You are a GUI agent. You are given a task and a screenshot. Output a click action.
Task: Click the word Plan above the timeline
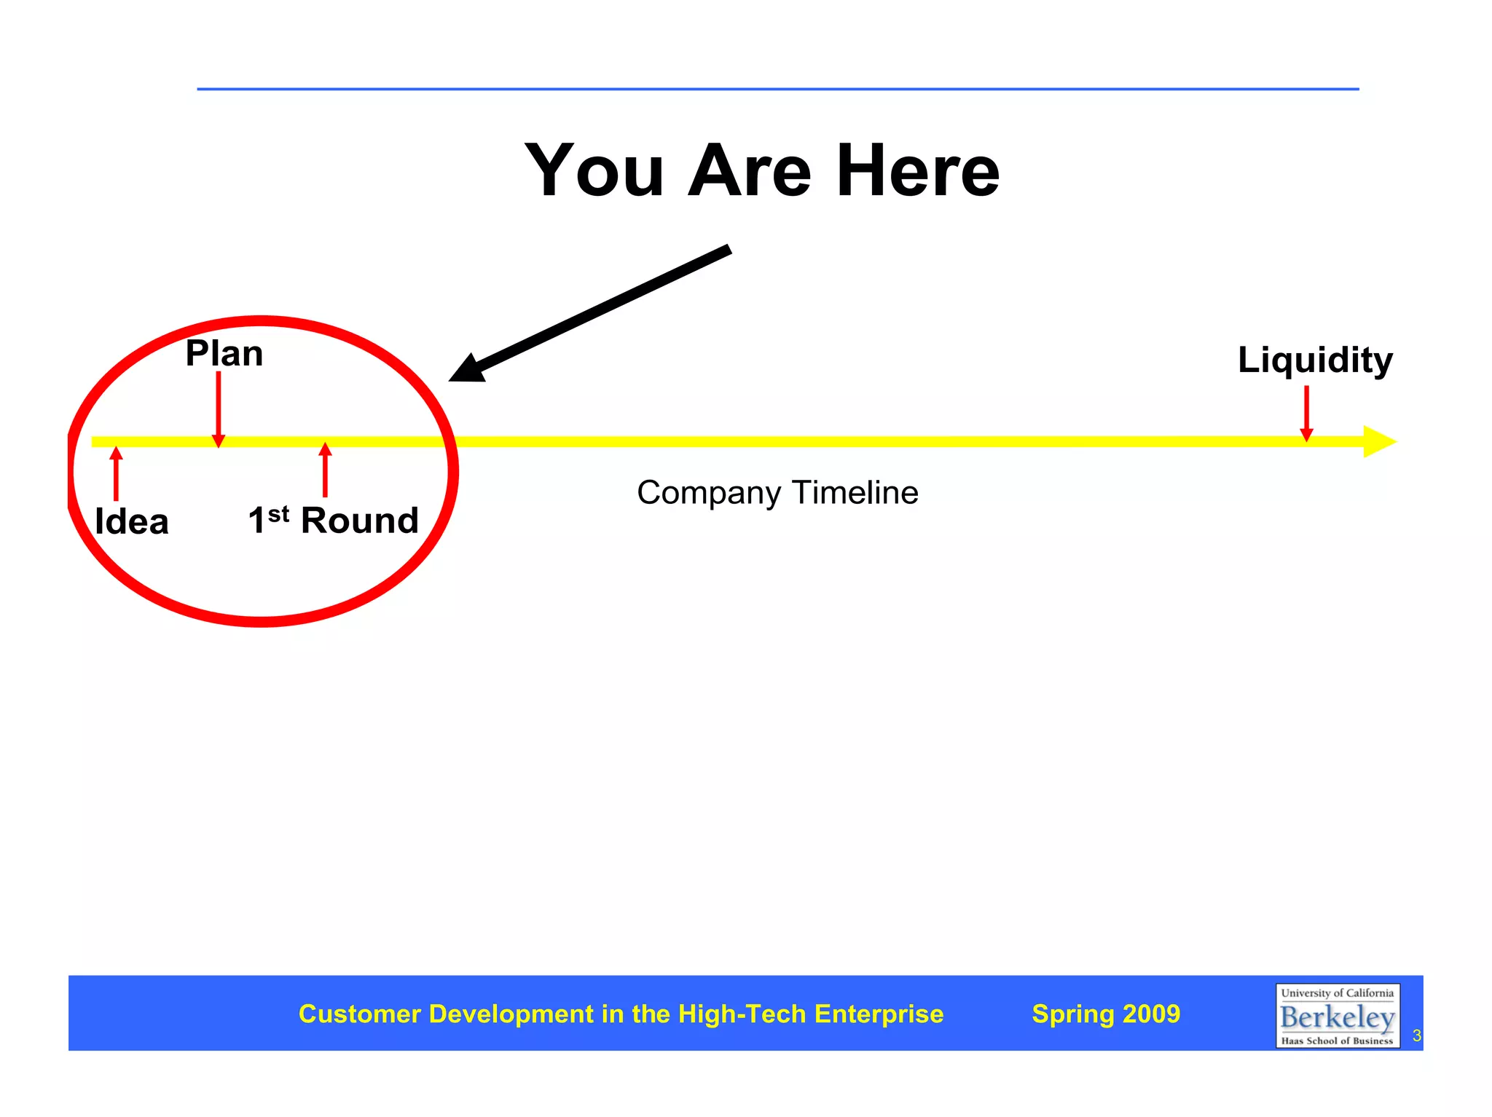(x=224, y=354)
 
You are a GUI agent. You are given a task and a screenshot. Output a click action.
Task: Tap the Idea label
(x=132, y=521)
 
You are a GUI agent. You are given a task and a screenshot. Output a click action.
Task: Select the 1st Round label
(x=334, y=520)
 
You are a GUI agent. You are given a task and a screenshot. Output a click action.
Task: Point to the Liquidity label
(x=1315, y=360)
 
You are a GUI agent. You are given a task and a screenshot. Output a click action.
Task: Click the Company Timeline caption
(x=777, y=493)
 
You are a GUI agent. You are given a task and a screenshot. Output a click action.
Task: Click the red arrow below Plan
(x=219, y=408)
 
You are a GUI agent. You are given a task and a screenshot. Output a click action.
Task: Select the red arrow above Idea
(x=116, y=473)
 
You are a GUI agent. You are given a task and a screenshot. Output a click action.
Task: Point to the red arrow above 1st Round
(x=326, y=470)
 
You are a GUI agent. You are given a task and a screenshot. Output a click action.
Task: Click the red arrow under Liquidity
(x=1306, y=413)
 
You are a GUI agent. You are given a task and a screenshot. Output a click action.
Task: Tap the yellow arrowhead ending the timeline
(x=1378, y=441)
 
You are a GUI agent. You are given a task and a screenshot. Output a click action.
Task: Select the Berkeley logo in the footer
(x=1337, y=1016)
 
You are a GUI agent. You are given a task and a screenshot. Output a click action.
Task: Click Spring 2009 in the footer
(x=1106, y=1014)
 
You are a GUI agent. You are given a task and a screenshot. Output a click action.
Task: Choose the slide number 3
(x=1416, y=1035)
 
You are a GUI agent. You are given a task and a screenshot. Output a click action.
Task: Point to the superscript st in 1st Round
(x=278, y=514)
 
